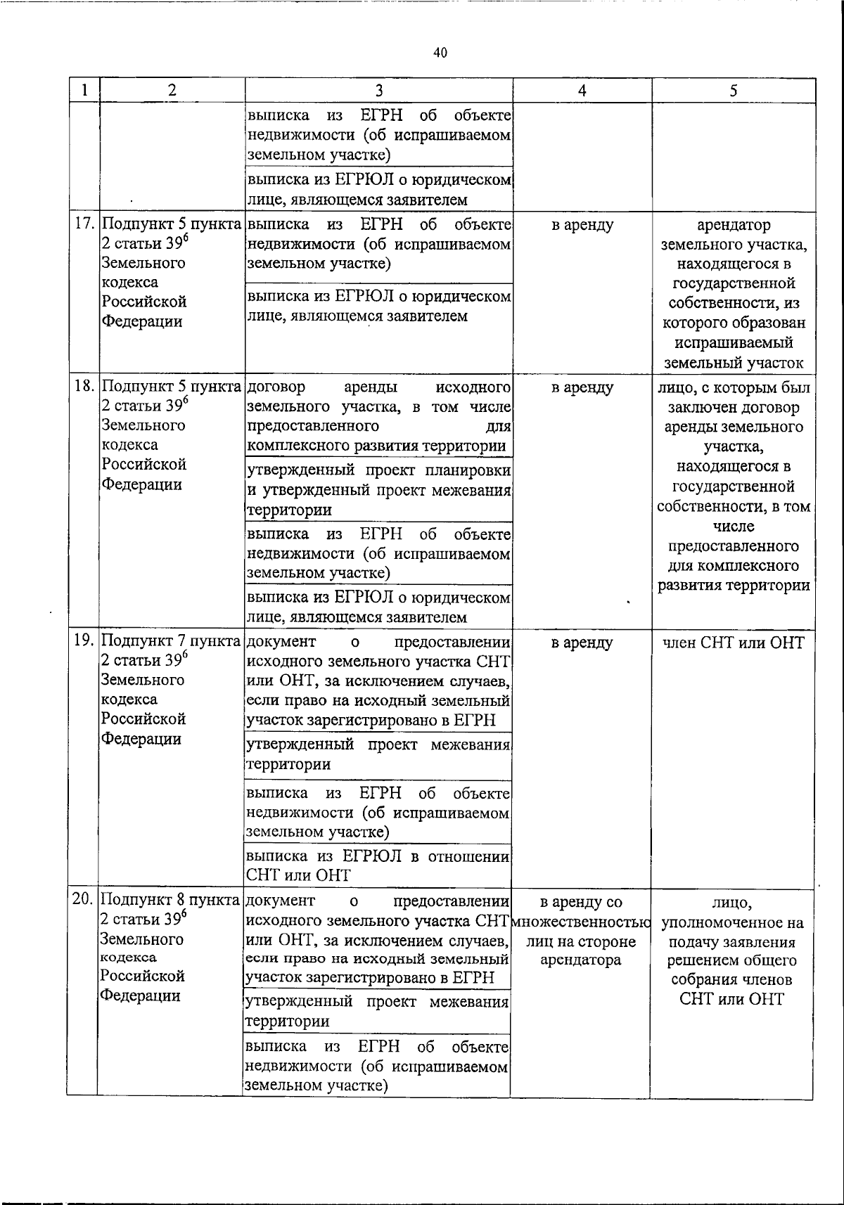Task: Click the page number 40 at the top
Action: pos(440,53)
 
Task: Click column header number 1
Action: pos(84,90)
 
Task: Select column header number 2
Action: pos(172,90)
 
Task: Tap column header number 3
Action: pos(378,90)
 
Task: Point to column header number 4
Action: pos(582,90)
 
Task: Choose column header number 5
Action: pos(734,90)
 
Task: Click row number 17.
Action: pos(85,224)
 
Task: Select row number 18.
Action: pos(85,387)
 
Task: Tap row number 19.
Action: pos(85,641)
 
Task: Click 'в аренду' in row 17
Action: pos(582,225)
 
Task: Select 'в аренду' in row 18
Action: pos(582,387)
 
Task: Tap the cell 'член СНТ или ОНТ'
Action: pos(734,642)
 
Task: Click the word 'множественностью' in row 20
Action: pos(582,922)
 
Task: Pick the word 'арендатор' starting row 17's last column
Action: pos(734,225)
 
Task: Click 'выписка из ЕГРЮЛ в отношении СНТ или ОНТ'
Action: pos(378,865)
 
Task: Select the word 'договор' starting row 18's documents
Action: pos(277,387)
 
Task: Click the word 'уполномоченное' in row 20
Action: pos(734,922)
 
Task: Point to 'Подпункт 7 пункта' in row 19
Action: pos(172,641)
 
